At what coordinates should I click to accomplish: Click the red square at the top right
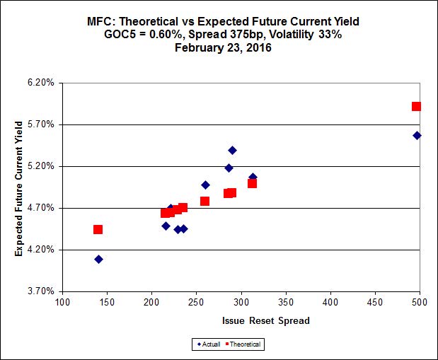417,107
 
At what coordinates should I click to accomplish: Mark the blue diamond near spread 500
417,135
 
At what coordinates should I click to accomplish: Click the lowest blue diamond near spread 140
98,260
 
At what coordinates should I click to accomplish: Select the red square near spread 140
98,229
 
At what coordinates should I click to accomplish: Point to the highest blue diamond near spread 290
232,150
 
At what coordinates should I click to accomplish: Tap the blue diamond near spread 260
205,185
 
